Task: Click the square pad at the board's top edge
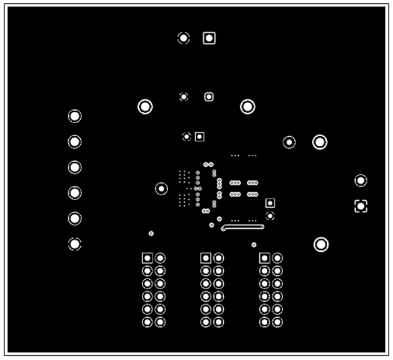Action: [209, 38]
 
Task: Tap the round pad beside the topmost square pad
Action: [183, 38]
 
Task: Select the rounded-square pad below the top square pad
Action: [209, 96]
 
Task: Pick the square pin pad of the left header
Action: [147, 257]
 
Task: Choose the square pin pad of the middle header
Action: [206, 257]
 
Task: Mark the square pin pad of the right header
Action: [264, 257]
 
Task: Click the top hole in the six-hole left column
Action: [75, 116]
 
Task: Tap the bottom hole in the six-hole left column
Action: [75, 244]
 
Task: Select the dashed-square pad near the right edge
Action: [361, 206]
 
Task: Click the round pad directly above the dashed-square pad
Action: [361, 180]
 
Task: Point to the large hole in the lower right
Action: [321, 244]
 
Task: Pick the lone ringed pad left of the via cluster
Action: [161, 188]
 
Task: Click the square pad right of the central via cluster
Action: [270, 203]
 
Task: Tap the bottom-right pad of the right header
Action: [277, 322]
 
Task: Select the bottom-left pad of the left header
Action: [147, 322]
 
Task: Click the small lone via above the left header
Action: [151, 233]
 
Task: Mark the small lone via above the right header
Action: [254, 245]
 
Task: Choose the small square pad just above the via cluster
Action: [200, 136]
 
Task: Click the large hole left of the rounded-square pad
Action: [145, 106]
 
